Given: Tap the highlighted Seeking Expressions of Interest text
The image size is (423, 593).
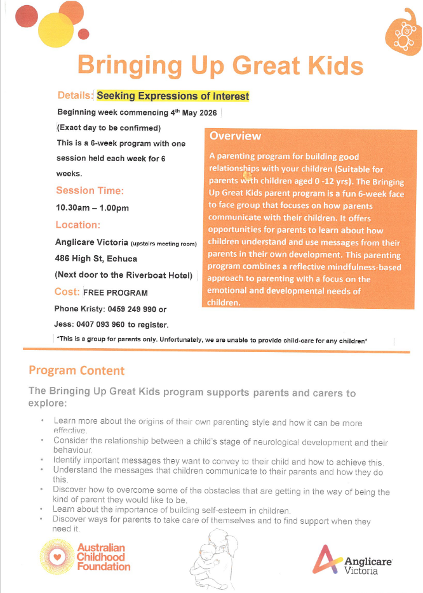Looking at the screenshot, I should tap(173, 96).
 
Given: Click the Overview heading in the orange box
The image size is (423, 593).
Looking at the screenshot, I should tap(235, 136).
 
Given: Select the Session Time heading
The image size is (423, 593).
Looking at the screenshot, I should tap(90, 190).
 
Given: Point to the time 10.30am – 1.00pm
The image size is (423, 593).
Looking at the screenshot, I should tap(93, 207).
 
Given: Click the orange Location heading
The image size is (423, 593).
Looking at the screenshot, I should tap(78, 225).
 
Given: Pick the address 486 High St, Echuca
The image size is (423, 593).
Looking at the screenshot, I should tap(97, 258).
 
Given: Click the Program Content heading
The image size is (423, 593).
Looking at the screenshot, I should tap(77, 370).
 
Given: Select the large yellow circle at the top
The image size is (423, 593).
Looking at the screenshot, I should tap(56, 27).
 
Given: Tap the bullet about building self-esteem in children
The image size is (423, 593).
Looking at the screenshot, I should tap(171, 511).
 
